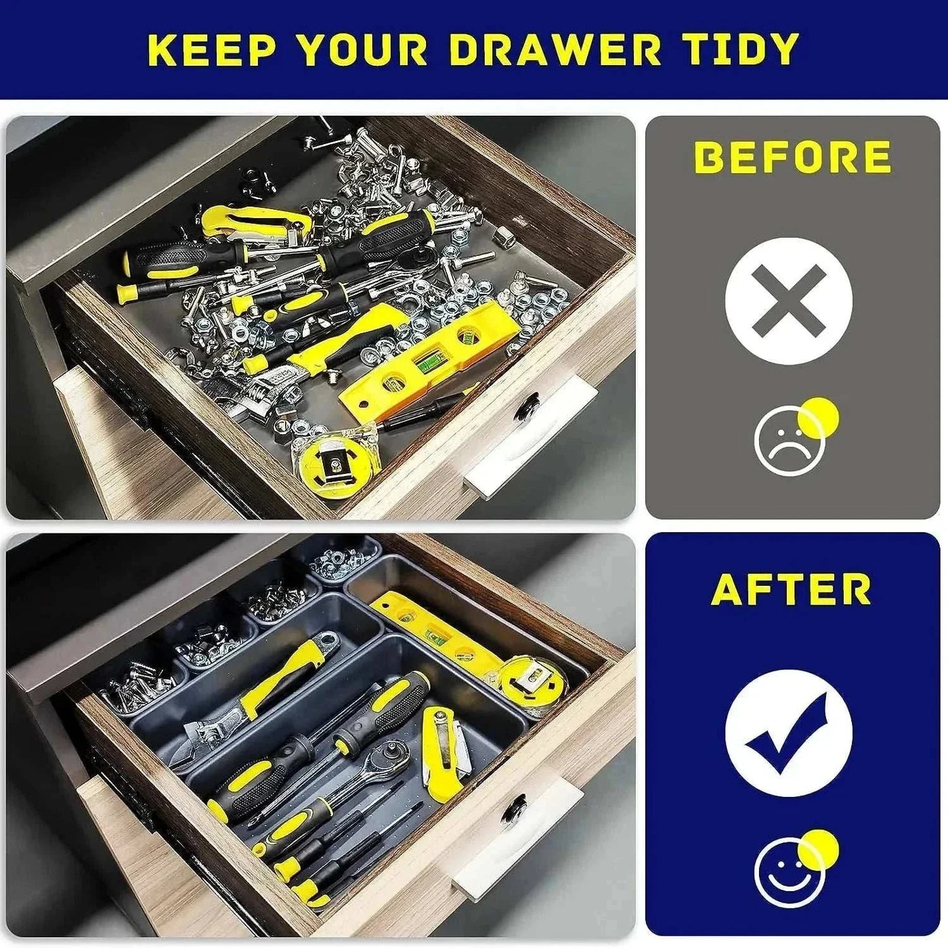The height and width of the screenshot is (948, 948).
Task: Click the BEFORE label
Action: click(x=792, y=156)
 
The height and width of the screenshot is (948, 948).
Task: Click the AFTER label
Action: click(x=791, y=590)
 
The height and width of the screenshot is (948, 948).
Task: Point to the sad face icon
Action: click(x=788, y=441)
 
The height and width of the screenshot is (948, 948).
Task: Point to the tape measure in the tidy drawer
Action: click(x=532, y=678)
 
